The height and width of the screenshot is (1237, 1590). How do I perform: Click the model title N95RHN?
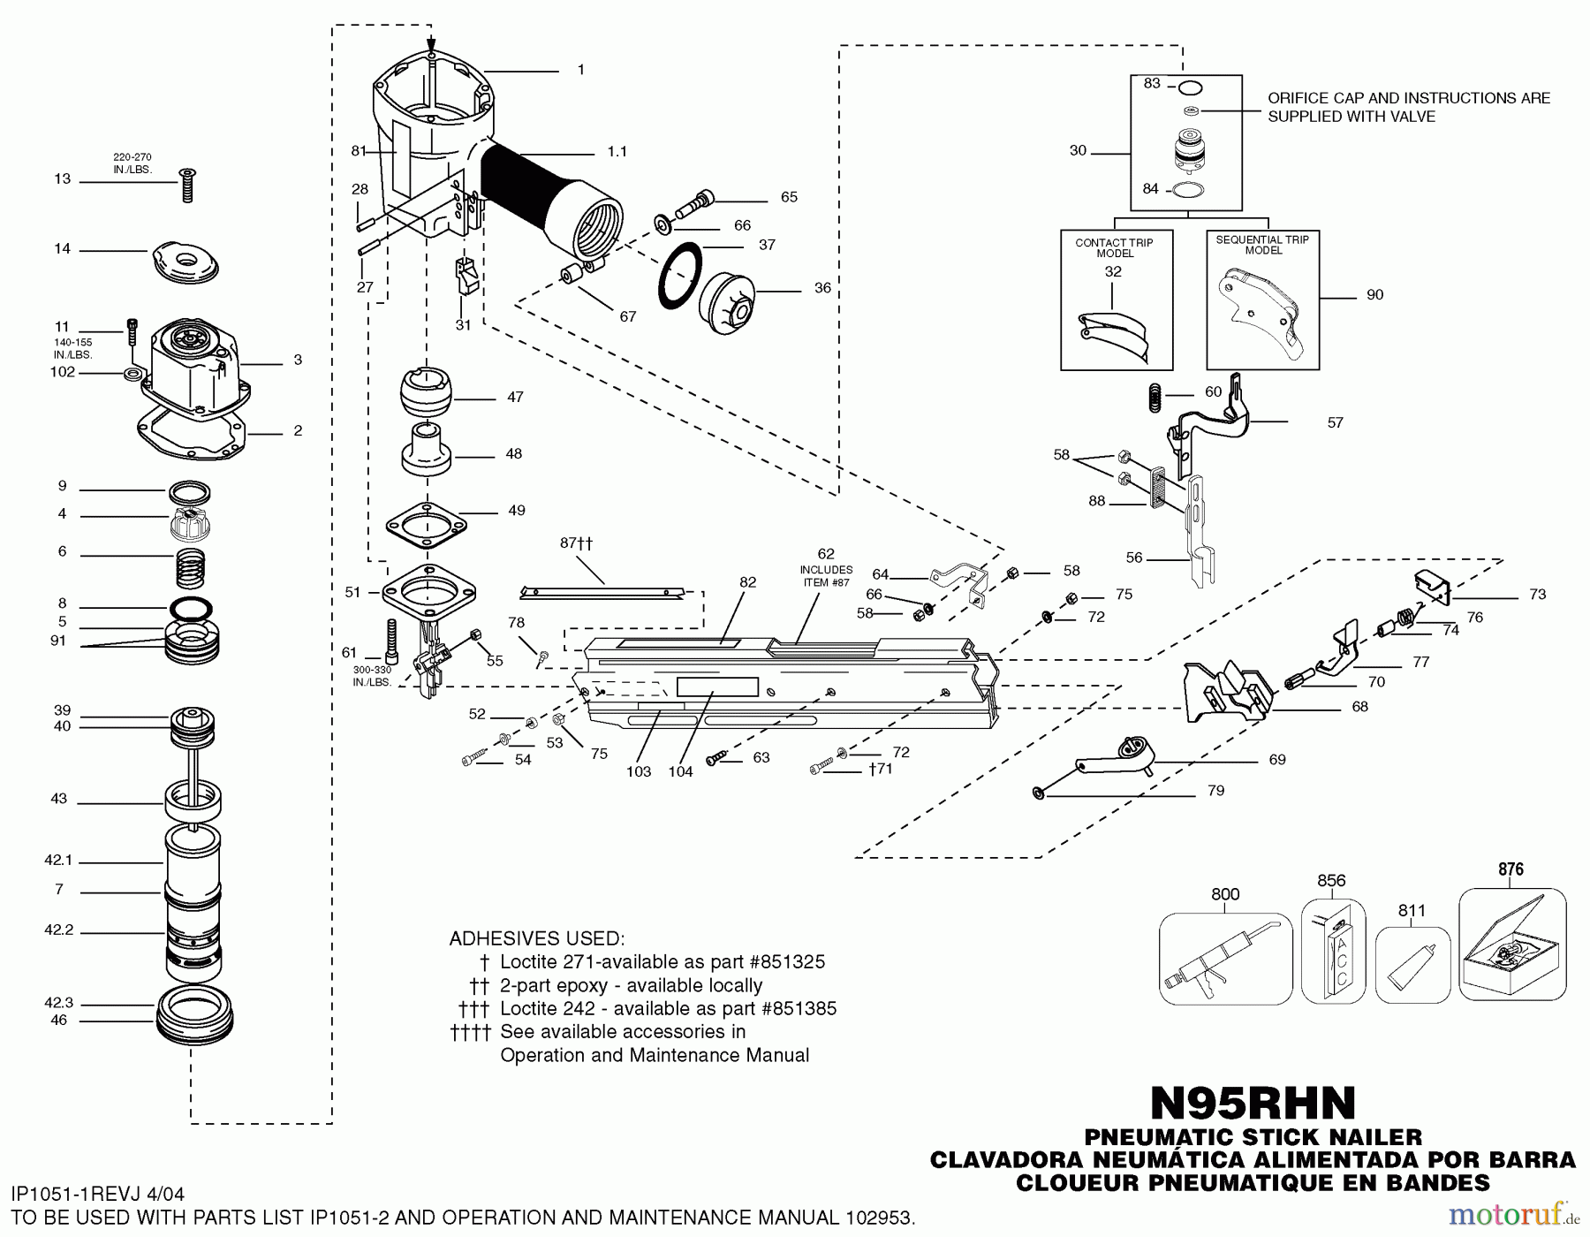[x=1253, y=1103]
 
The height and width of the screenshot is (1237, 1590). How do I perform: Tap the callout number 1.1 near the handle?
[x=617, y=152]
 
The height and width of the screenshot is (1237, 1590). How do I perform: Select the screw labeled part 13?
[x=186, y=185]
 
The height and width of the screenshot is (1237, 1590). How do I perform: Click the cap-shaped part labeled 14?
[x=185, y=262]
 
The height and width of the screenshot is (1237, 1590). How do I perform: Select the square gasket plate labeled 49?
[x=425, y=527]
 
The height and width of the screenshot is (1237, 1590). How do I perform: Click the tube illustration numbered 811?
[x=1412, y=966]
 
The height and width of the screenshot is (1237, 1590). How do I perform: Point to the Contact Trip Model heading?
[x=1114, y=247]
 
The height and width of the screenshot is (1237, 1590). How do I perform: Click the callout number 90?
[x=1374, y=295]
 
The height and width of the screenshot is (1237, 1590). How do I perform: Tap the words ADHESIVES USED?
[x=536, y=938]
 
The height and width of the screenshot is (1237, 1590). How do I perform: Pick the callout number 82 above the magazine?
[x=747, y=582]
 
